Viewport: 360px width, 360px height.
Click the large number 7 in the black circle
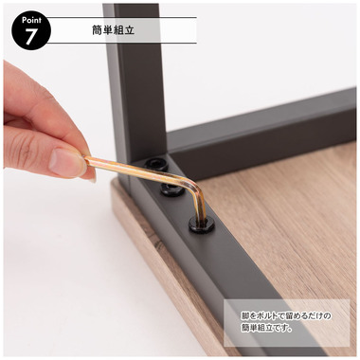tap(30, 36)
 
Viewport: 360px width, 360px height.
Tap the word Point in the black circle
tap(31, 20)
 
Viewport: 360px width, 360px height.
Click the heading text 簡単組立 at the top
tap(114, 30)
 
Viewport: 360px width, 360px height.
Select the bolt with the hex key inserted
tap(202, 225)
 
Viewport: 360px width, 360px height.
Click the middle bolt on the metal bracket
tap(171, 189)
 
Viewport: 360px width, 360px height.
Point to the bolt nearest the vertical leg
tap(155, 165)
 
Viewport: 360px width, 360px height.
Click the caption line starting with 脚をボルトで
tap(286, 315)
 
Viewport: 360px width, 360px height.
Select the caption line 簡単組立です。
tap(266, 328)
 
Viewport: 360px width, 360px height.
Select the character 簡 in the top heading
tap(98, 30)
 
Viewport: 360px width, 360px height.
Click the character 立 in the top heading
tap(130, 30)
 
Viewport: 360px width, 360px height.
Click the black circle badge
tap(31, 31)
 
